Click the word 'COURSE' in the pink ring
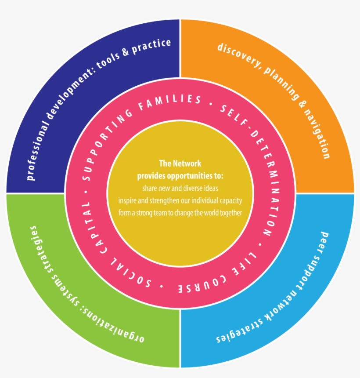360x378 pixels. coord(202,284)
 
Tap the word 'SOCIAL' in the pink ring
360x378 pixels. coord(130,273)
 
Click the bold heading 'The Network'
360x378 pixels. coord(180,164)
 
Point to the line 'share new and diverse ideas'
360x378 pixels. coord(180,188)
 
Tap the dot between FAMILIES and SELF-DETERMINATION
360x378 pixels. coord(211,104)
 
